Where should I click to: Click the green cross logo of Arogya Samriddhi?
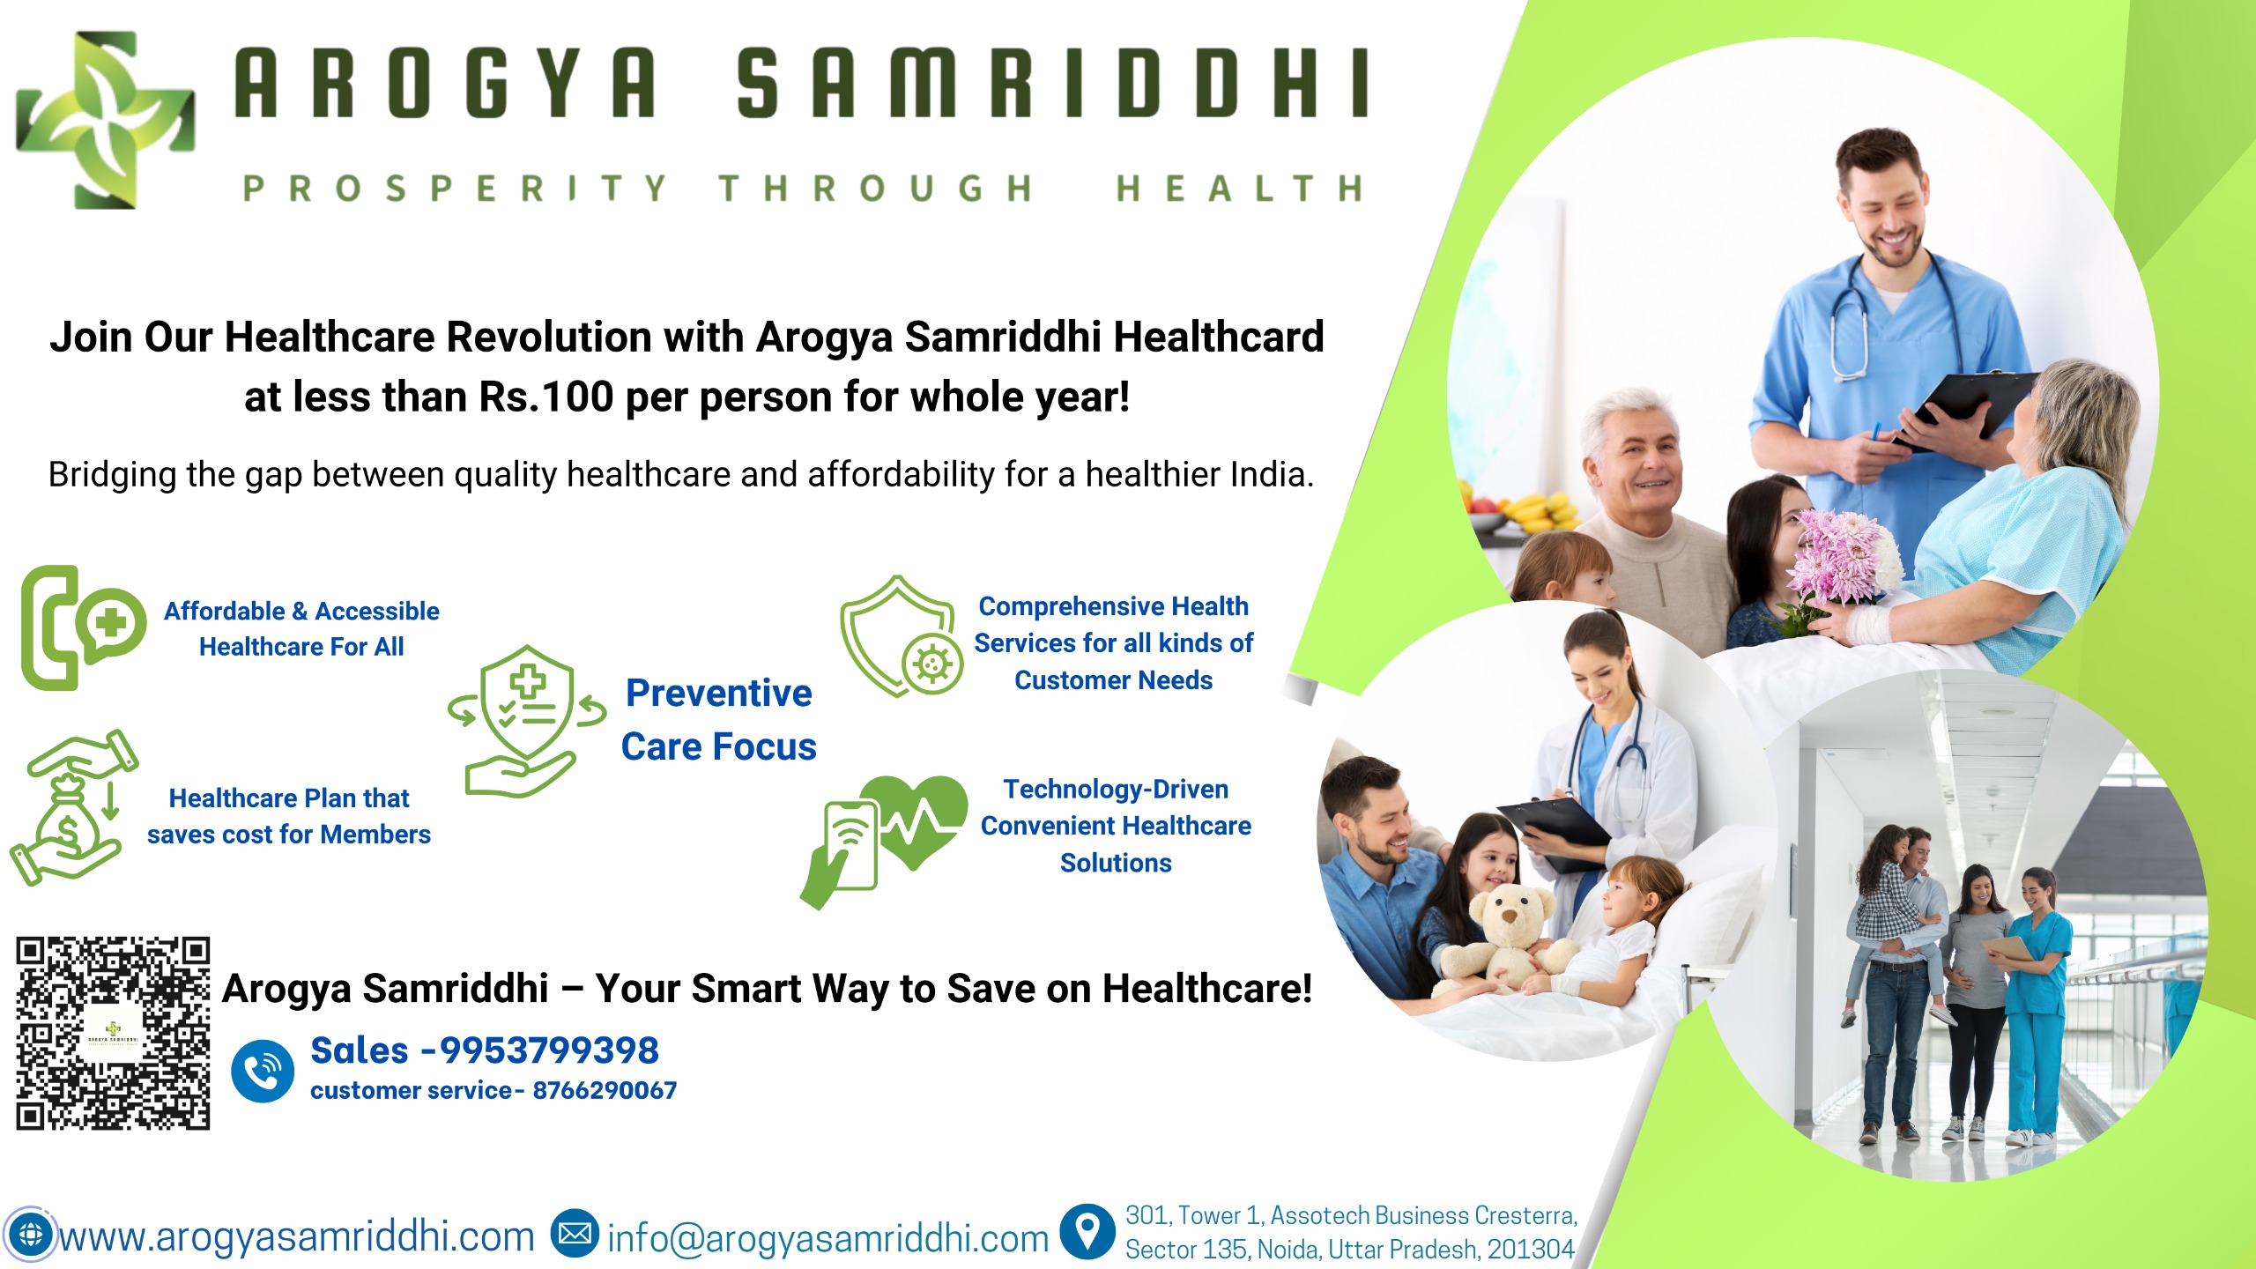tap(106, 120)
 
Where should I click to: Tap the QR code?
tap(113, 1033)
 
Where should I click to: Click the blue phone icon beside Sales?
tap(263, 1071)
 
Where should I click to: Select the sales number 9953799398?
tap(549, 1050)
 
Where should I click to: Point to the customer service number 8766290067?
tap(605, 1091)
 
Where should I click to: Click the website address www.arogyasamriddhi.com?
tap(297, 1236)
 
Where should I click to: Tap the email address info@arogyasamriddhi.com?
tap(827, 1238)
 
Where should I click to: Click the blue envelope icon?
tap(575, 1234)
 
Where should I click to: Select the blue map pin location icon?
tap(1088, 1231)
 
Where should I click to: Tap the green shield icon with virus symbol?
tap(901, 636)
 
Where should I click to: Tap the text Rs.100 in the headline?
tap(546, 397)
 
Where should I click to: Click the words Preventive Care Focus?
tap(719, 720)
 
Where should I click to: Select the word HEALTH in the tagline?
tap(1239, 189)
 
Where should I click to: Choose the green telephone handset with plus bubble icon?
tap(83, 627)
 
